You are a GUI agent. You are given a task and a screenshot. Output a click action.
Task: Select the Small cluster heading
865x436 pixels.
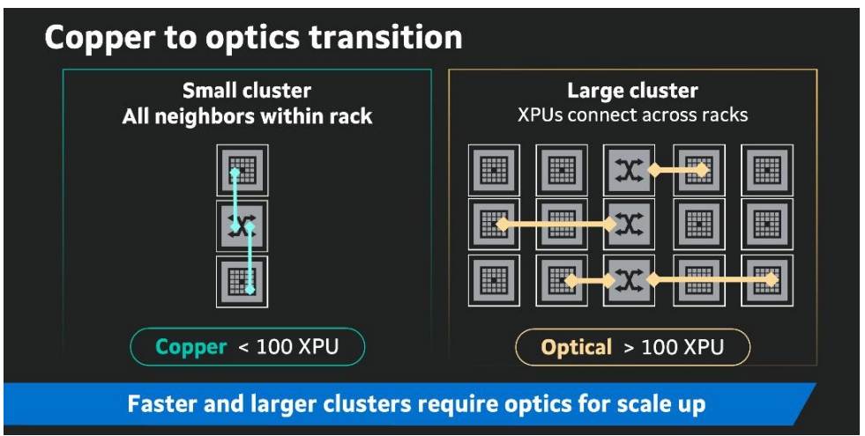click(247, 91)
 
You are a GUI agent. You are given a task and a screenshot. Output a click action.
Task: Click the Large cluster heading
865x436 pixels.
click(632, 91)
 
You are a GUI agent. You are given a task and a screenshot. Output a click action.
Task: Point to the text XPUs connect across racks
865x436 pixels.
click(632, 115)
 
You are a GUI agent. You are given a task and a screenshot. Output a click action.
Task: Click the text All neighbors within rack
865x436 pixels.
click(247, 116)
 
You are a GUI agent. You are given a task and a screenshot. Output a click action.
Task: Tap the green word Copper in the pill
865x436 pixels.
click(192, 347)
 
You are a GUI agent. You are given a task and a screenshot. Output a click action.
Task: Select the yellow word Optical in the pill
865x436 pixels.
click(577, 347)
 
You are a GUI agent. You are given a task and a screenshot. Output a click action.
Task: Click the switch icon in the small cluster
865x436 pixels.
click(242, 225)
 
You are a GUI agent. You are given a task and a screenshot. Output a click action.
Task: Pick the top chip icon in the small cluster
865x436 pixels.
click(242, 170)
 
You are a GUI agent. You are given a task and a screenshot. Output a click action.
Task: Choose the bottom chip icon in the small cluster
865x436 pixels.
click(242, 282)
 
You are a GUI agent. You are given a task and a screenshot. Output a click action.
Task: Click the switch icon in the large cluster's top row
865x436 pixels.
click(629, 169)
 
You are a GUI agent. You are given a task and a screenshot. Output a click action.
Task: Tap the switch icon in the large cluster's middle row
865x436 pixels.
click(629, 225)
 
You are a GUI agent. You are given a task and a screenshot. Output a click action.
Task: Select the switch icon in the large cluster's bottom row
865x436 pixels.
click(629, 280)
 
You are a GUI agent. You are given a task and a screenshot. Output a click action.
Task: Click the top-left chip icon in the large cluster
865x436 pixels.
click(492, 169)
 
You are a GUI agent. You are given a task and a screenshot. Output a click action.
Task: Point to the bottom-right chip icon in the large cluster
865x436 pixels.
click(766, 280)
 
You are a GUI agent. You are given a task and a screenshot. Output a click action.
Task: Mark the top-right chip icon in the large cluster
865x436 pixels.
click(766, 169)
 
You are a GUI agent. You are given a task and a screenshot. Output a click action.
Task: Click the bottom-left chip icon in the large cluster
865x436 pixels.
click(492, 280)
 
